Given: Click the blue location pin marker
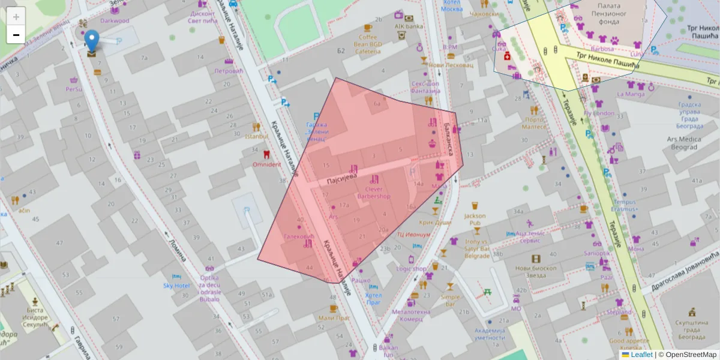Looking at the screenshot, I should click(91, 40).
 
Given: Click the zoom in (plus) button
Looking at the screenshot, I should click(16, 16).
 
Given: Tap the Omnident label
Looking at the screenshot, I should click(266, 164).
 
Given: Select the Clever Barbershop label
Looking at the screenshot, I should click(373, 193).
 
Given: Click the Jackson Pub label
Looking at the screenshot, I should click(475, 219).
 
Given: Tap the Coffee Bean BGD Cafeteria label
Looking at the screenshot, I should click(368, 44).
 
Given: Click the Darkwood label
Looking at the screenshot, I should click(115, 20).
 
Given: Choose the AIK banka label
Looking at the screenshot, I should click(409, 26).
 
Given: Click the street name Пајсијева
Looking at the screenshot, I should click(341, 178).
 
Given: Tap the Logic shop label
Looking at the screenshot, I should click(411, 269).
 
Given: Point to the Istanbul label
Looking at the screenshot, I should click(256, 136).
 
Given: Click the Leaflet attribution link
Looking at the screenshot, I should click(641, 355).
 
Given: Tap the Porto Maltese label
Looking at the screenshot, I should click(533, 123).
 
